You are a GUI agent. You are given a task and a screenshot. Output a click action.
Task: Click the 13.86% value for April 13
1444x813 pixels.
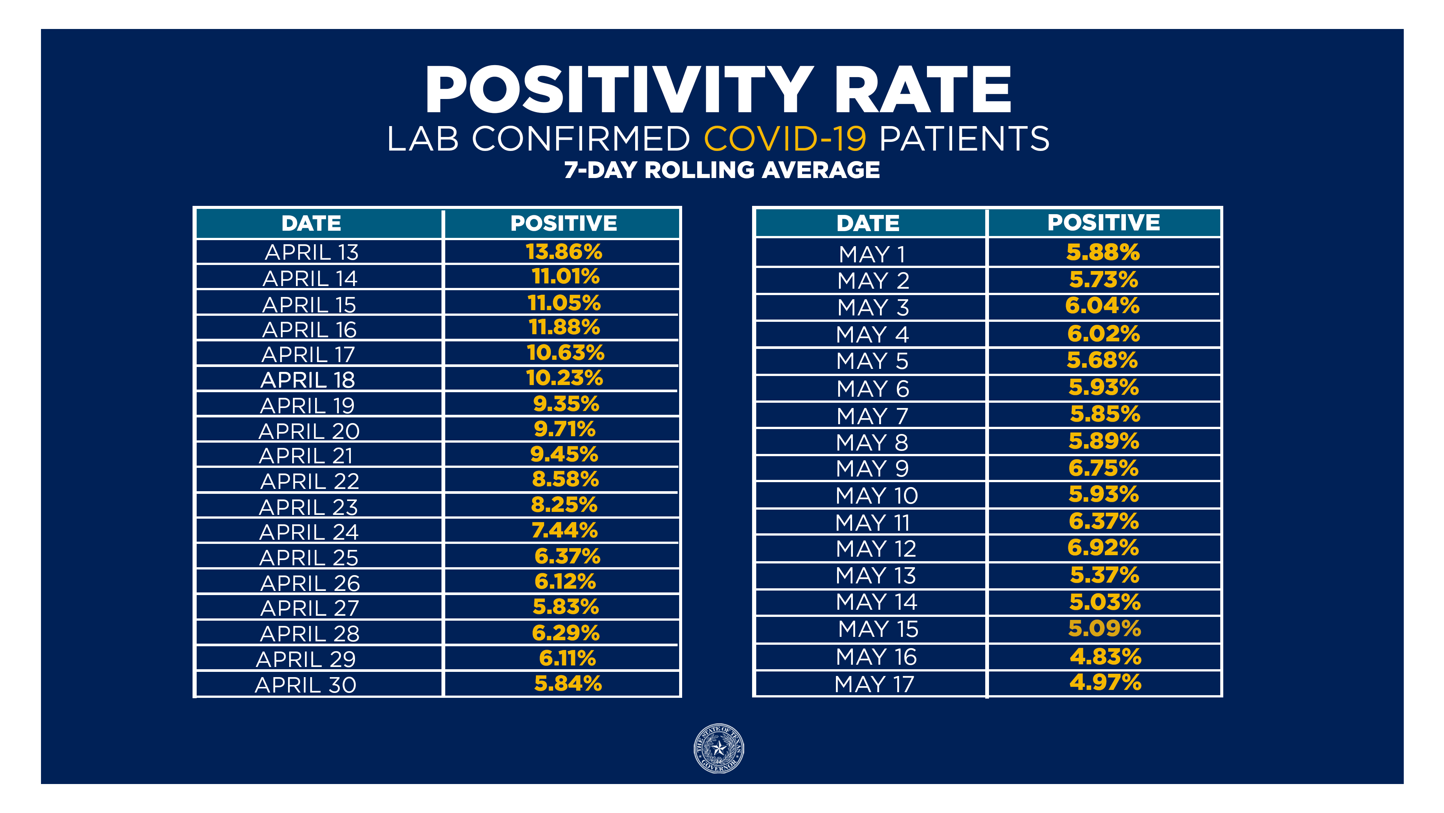click(563, 252)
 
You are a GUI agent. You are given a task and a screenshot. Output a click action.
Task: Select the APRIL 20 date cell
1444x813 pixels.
click(309, 431)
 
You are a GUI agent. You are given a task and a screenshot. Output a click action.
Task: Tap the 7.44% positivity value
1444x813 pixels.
click(564, 530)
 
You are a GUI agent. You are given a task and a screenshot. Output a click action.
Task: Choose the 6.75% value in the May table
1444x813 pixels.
click(1103, 468)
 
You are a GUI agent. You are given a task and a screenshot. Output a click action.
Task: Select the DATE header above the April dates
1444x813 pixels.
click(311, 223)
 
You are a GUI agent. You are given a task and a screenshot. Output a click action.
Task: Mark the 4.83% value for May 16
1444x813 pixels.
click(1105, 656)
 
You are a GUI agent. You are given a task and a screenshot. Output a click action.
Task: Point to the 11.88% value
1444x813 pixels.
click(564, 327)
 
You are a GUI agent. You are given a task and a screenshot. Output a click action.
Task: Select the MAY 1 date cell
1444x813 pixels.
click(872, 254)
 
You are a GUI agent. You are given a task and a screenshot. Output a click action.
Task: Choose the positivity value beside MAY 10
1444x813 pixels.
click(1103, 494)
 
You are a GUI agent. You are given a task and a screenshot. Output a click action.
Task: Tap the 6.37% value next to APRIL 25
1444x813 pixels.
click(567, 556)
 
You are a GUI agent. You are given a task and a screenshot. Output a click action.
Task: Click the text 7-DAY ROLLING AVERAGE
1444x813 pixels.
click(722, 170)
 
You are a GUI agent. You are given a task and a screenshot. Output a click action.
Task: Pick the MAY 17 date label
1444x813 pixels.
click(874, 684)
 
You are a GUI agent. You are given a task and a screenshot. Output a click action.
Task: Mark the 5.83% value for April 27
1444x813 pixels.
click(566, 606)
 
